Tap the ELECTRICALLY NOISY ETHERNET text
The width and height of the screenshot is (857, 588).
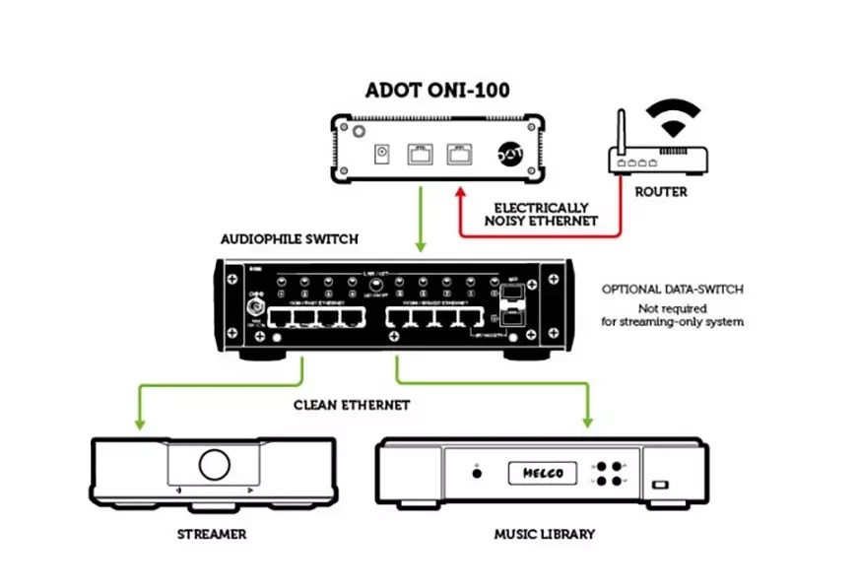point(542,214)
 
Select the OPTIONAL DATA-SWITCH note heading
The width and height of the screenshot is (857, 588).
point(672,290)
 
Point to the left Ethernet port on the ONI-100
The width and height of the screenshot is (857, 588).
point(419,153)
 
